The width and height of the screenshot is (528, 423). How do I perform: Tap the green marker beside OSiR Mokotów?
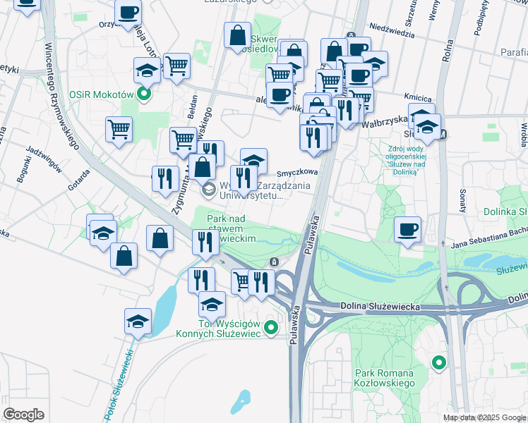tap(145, 94)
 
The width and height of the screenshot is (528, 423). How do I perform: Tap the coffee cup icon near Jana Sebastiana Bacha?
tap(408, 230)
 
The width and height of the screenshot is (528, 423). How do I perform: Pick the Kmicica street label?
tap(417, 97)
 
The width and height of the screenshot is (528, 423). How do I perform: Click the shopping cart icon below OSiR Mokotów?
tap(119, 129)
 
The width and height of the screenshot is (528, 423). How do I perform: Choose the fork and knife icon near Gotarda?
tap(164, 179)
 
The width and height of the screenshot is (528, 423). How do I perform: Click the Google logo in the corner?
tap(23, 415)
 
